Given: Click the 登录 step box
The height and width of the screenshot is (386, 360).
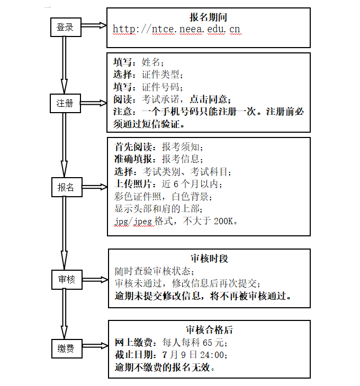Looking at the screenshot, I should (x=66, y=27).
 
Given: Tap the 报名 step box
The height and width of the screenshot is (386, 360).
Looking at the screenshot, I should (x=66, y=188).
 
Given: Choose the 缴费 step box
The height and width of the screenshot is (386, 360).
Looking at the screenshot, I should (x=66, y=348).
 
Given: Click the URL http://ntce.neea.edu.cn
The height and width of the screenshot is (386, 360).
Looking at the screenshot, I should (x=177, y=30).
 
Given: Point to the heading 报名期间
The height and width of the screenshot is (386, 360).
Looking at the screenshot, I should (x=209, y=17).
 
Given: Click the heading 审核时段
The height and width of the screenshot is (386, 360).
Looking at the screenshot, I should (x=209, y=259).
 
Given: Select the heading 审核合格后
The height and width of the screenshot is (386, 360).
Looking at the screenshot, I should (x=209, y=330).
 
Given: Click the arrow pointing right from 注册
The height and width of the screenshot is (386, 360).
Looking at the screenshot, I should (x=95, y=103).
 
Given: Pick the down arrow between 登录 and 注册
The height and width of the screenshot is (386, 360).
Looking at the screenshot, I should (x=64, y=63).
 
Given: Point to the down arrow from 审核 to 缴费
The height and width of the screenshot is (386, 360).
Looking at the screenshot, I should (x=64, y=312).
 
